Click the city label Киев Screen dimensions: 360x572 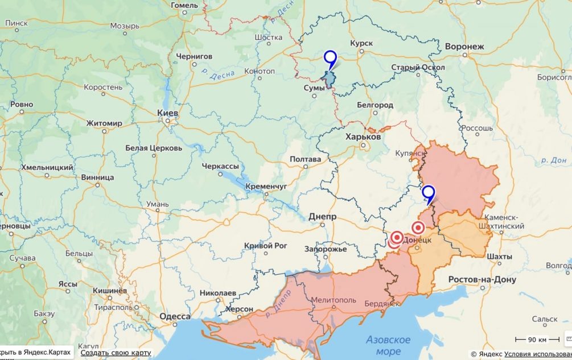168,113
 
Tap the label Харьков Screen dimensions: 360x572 363,137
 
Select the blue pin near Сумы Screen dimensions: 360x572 330,59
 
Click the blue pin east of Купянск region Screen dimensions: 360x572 428,193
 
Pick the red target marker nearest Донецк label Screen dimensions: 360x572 418,227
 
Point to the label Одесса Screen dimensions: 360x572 175,317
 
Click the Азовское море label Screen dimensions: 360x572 388,345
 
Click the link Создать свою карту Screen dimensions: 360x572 116,353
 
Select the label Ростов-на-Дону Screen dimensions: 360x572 482,280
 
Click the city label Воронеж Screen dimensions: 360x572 464,46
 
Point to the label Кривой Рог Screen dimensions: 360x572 265,245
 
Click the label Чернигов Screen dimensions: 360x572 194,56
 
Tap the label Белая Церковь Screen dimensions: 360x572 154,148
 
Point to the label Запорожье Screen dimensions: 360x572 326,249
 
